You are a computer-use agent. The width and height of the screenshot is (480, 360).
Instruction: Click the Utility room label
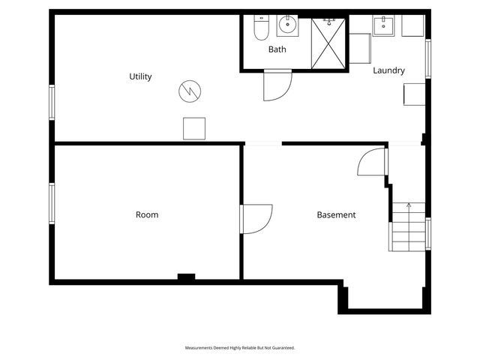[140, 76]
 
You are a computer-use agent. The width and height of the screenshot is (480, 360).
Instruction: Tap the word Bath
[277, 49]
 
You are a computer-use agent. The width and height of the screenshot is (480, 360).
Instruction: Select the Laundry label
[388, 70]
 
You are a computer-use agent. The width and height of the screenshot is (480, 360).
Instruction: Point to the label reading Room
[147, 214]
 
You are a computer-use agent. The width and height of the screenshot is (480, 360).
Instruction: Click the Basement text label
[336, 214]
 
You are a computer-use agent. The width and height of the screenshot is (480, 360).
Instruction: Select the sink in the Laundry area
[383, 25]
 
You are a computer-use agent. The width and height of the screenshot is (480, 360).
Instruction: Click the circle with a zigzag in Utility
[189, 91]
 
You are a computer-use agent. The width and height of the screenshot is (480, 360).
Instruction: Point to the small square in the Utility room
[194, 128]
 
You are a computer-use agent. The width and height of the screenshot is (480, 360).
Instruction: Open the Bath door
[276, 85]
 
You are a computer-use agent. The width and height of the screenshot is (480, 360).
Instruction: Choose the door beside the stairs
[373, 162]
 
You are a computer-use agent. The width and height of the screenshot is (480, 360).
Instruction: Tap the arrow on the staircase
[409, 205]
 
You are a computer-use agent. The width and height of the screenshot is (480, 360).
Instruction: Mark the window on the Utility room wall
[52, 101]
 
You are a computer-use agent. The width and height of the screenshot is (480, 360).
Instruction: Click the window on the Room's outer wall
[52, 202]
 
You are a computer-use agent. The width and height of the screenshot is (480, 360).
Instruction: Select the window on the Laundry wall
[428, 58]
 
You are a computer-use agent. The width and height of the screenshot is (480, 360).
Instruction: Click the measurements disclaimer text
[240, 348]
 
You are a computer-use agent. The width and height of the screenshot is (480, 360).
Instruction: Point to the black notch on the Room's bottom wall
[186, 277]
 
